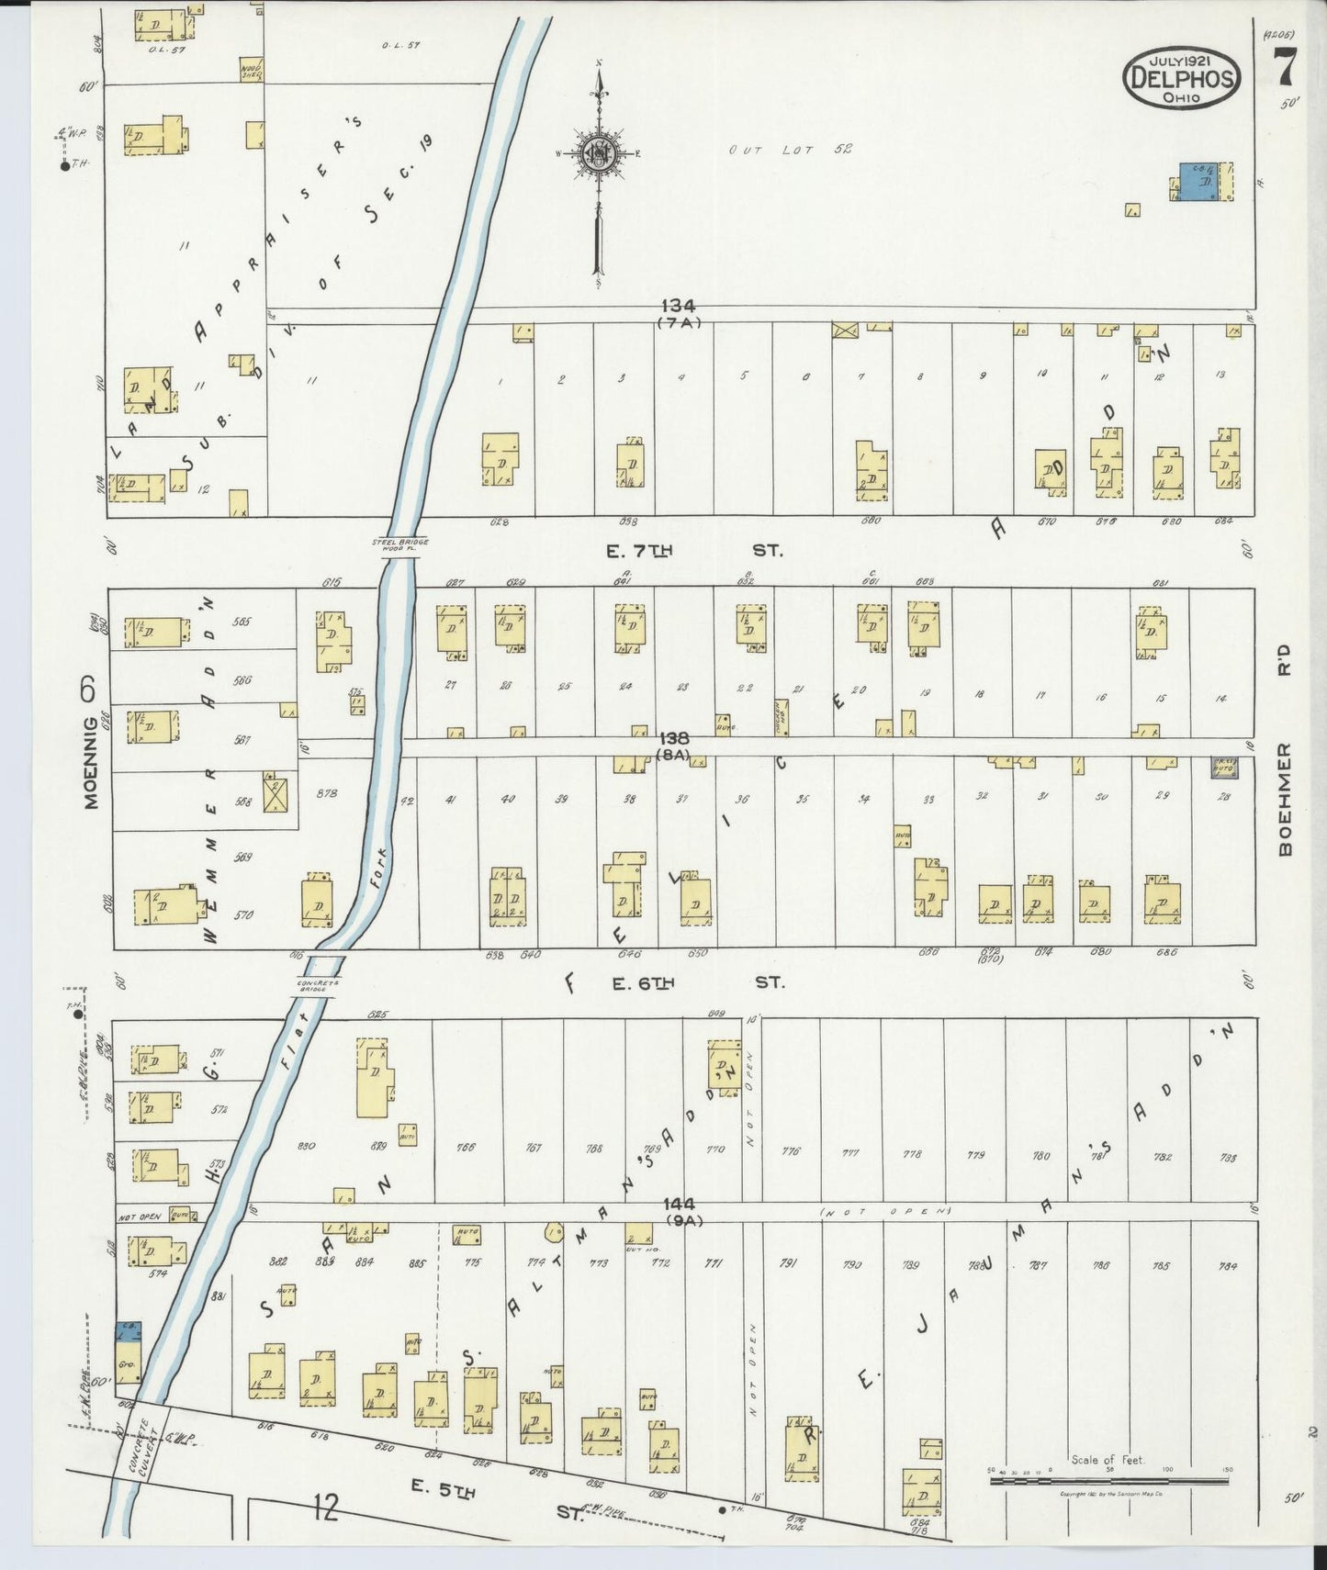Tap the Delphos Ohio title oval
[x=1181, y=77]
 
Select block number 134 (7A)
[x=679, y=312]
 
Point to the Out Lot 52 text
[x=790, y=150]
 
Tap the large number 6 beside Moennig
[x=89, y=690]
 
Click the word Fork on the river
[x=379, y=867]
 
